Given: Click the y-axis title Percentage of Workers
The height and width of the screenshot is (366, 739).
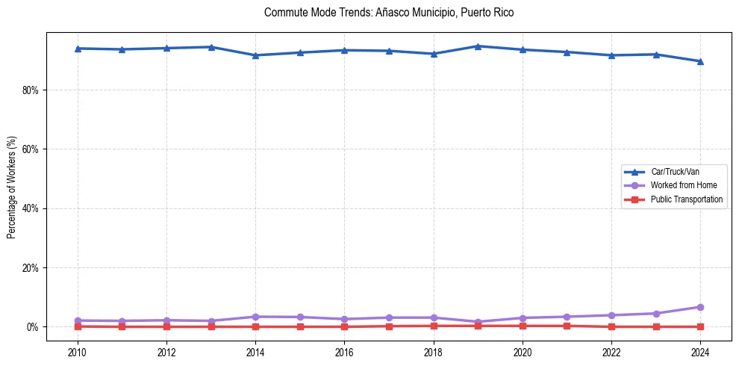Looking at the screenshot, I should (x=11, y=187).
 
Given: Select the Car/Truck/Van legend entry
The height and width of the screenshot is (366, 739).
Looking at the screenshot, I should (x=675, y=172).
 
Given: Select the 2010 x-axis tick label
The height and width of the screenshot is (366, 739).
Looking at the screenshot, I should (x=78, y=352).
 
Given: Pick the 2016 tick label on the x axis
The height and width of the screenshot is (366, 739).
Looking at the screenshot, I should (x=344, y=352).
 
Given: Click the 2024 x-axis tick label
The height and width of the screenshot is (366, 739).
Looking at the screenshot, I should (x=700, y=352).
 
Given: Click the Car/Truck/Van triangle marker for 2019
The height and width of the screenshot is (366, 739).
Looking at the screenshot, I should (x=478, y=46).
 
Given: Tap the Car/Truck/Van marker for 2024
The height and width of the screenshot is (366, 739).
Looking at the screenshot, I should (x=700, y=61).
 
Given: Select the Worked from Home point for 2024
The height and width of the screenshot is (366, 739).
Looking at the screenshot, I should (x=700, y=307).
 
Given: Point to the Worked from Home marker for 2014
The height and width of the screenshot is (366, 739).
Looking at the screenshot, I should (x=255, y=317).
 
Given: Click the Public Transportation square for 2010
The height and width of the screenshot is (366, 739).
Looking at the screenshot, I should (x=78, y=326).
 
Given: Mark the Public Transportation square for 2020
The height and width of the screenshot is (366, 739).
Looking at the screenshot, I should (x=523, y=326).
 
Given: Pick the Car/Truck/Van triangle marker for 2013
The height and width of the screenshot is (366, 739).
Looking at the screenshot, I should (x=211, y=47).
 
